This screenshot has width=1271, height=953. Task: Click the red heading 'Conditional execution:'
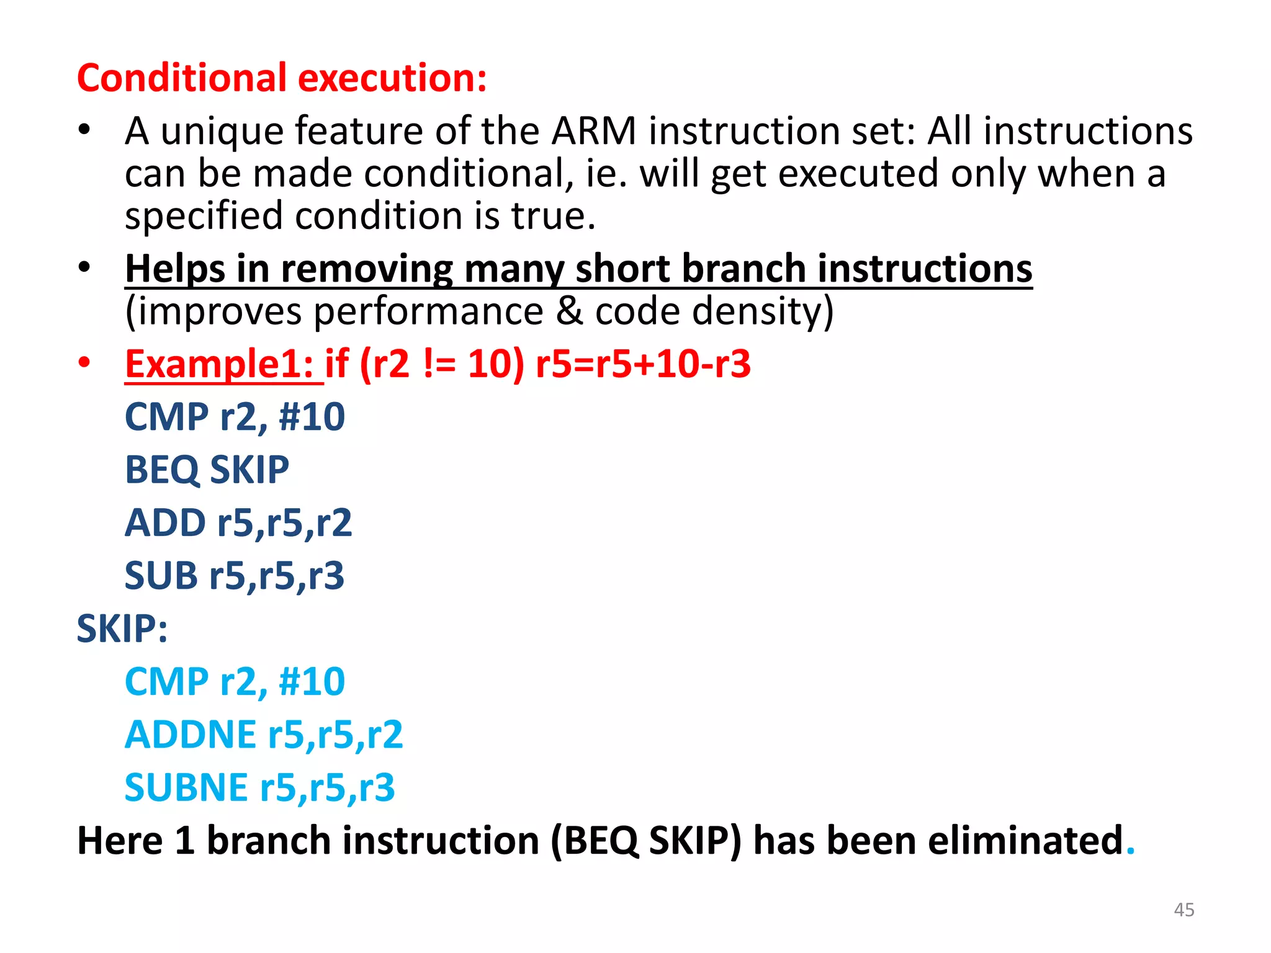click(x=282, y=79)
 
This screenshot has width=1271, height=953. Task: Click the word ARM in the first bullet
click(x=594, y=132)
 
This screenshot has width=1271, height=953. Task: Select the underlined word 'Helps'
click(x=175, y=269)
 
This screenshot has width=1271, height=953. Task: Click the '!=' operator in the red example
click(x=439, y=364)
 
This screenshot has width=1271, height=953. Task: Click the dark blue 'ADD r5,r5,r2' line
click(x=238, y=523)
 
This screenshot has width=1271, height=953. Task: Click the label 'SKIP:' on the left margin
click(x=122, y=629)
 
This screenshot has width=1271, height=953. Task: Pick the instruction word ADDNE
click(x=191, y=735)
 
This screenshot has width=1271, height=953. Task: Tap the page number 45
click(x=1183, y=910)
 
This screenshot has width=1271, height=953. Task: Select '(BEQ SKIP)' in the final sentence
click(x=645, y=841)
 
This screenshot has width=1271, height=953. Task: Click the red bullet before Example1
click(x=84, y=362)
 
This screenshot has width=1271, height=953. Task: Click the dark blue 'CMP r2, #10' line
click(x=235, y=417)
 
